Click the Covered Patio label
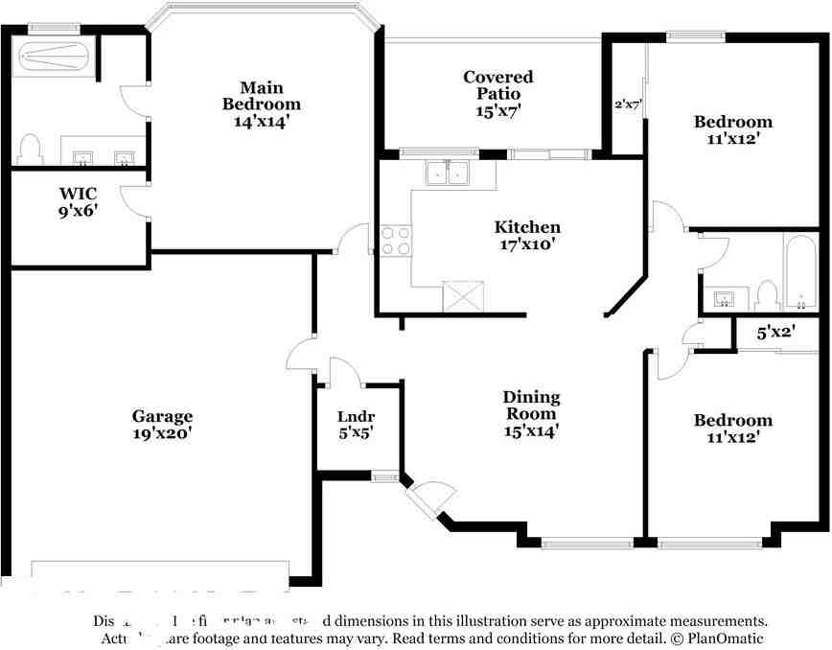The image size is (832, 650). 497,93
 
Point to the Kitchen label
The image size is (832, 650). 527,235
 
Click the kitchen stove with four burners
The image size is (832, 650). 396,240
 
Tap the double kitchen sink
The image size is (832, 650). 447,174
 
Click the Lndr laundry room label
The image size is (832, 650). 355,424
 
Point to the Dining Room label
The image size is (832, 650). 531,413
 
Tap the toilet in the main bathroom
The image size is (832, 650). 31,148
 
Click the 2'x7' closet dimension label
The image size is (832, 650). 628,104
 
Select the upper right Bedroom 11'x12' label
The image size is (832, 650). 732,130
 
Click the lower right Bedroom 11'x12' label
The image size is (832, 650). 732,429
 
